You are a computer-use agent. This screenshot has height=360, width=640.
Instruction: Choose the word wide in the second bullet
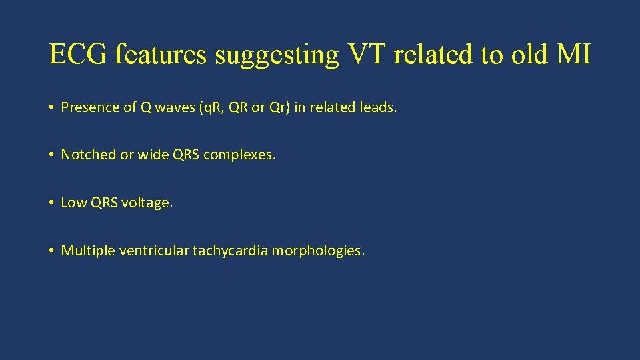pos(153,155)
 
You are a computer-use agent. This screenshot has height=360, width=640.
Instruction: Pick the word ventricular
pos(154,251)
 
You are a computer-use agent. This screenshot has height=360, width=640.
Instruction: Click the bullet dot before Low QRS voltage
pos(51,203)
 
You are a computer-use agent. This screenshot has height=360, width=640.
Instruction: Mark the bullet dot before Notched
pos(51,155)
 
